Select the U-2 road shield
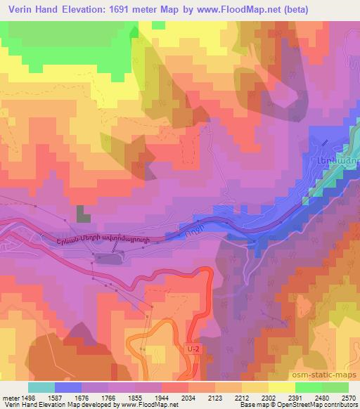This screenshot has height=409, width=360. tap(194, 349)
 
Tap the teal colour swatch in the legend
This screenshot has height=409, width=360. tap(41, 387)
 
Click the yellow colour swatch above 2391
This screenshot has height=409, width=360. tap(281, 387)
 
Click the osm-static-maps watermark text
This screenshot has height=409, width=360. tap(329, 375)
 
